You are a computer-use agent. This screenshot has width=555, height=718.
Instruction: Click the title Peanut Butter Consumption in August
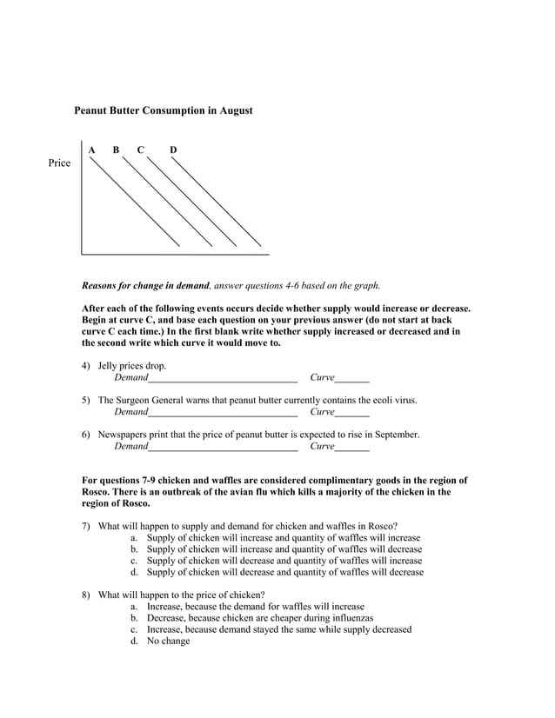coord(163,111)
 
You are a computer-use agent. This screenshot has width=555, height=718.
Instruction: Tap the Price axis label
coord(59,163)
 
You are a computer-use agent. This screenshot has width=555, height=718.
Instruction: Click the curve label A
coord(91,150)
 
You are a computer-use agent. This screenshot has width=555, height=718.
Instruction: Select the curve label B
coord(116,150)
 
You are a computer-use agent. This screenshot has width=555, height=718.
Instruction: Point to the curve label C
coord(140,150)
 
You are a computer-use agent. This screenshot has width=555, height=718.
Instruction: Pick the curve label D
coord(173,150)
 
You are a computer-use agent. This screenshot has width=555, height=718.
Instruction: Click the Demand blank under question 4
coord(223,379)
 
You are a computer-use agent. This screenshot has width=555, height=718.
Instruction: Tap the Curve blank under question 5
coord(351,413)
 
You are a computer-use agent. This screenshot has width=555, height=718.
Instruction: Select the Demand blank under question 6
coord(223,447)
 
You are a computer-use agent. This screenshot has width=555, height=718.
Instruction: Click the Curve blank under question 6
coord(351,447)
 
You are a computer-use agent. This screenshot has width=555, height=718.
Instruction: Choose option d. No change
coord(160,641)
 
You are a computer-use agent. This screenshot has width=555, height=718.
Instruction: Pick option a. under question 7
coord(135,538)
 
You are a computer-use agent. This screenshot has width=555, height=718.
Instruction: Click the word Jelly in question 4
coord(110,366)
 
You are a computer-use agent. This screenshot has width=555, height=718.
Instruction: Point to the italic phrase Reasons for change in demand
coord(144,285)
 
